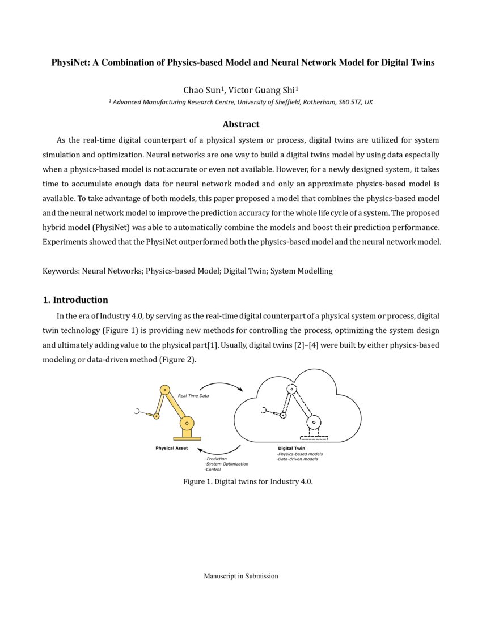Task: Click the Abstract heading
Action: (x=240, y=125)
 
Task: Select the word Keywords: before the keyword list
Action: (x=61, y=271)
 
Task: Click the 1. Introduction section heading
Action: (x=75, y=300)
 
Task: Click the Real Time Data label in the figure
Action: (x=193, y=396)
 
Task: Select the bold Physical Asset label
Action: (x=172, y=448)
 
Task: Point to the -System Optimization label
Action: (x=226, y=464)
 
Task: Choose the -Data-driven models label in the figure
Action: (x=297, y=459)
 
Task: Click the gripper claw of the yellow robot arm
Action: (x=138, y=411)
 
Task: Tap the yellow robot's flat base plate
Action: (x=187, y=438)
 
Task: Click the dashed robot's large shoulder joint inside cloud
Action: (x=314, y=423)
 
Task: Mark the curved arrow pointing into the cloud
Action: (x=222, y=386)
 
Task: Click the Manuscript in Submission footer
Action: (x=241, y=576)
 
